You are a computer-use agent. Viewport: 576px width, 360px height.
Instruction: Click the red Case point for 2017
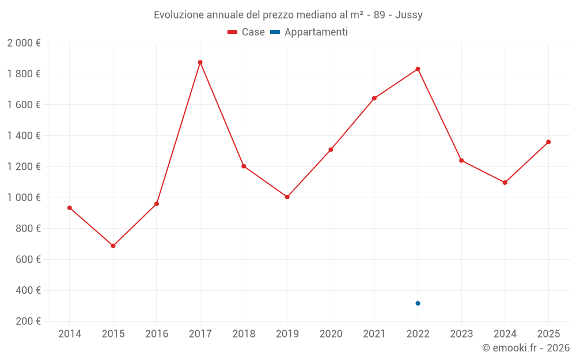click(x=200, y=62)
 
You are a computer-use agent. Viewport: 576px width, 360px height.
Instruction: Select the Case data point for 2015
click(x=113, y=246)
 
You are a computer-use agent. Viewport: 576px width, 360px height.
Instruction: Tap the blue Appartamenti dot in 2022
click(x=418, y=304)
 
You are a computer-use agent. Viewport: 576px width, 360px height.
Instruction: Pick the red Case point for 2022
click(x=418, y=69)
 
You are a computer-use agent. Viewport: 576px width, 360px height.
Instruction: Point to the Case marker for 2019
click(x=287, y=197)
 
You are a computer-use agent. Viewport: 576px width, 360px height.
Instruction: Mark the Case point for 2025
click(x=548, y=142)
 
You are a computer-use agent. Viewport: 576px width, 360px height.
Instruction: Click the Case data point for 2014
click(x=70, y=208)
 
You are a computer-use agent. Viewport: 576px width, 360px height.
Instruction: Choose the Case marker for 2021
click(x=374, y=98)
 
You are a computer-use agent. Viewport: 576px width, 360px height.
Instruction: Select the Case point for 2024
click(x=505, y=183)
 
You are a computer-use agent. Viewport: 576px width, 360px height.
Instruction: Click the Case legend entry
click(x=247, y=32)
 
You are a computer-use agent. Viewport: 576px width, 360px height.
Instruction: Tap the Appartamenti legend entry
click(x=309, y=32)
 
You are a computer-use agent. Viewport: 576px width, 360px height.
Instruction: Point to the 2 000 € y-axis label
click(x=24, y=43)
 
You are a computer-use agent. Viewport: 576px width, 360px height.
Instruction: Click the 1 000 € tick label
click(x=24, y=198)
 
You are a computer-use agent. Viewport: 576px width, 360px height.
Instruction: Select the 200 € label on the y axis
click(x=28, y=321)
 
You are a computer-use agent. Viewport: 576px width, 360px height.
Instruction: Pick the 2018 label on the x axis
click(x=244, y=334)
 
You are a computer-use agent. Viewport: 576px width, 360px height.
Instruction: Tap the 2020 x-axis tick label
click(x=331, y=334)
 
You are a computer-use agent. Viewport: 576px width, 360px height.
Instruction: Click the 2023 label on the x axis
click(x=461, y=334)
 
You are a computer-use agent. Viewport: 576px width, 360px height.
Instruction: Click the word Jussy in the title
click(x=409, y=15)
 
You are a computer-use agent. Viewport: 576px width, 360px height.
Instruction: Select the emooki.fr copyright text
click(x=526, y=348)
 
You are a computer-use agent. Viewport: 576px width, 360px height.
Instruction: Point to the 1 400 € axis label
click(x=24, y=136)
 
